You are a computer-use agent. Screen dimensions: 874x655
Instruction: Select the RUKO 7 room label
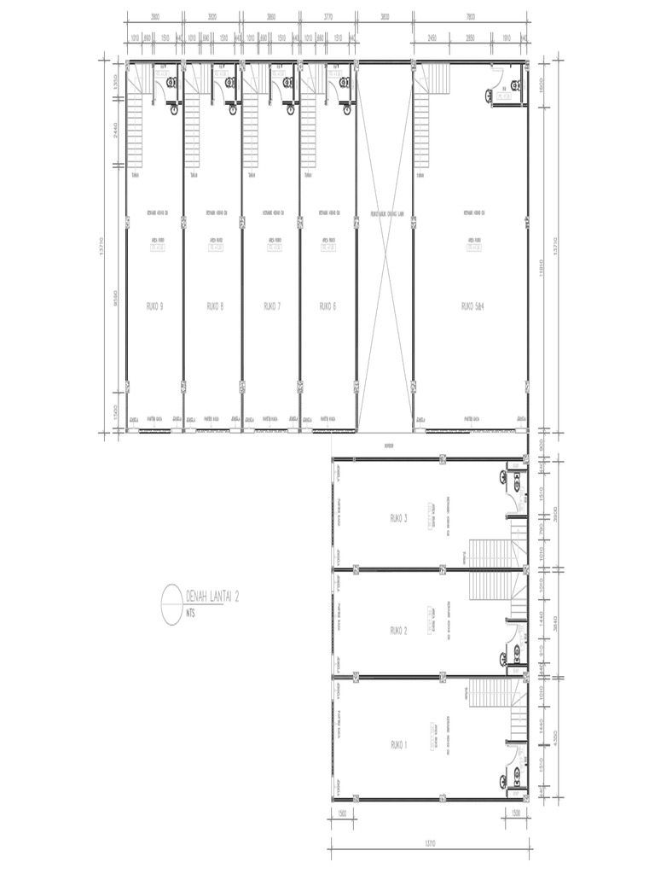(272, 306)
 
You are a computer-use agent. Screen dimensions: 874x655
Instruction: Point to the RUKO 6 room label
(327, 306)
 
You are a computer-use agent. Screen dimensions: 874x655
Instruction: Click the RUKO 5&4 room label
(472, 306)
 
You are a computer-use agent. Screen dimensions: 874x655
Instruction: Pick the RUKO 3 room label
(399, 518)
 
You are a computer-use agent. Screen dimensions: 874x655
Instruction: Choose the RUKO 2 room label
(399, 630)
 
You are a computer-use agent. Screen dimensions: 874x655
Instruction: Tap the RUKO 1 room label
(399, 745)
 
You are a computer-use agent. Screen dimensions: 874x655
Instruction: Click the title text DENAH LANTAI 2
(212, 597)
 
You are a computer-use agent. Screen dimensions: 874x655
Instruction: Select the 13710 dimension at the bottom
(429, 843)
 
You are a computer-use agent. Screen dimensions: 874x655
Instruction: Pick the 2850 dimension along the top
(470, 38)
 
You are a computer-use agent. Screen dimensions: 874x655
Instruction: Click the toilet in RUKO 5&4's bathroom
(489, 96)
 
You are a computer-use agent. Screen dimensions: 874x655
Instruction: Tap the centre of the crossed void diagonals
(385, 248)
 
